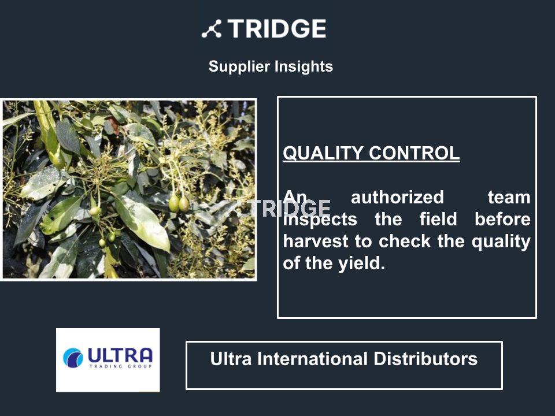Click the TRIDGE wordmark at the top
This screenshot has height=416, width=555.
coord(277,29)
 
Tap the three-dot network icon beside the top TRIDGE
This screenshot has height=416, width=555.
coord(212,29)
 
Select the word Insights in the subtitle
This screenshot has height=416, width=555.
coord(304,67)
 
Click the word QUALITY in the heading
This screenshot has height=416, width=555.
coord(323,153)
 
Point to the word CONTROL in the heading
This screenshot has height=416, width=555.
coord(414,153)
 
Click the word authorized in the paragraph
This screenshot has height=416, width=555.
coord(397,198)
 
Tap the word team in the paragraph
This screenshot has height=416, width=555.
coord(509,198)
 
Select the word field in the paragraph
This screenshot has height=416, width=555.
coord(438,220)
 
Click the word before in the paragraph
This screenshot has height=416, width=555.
coord(502,220)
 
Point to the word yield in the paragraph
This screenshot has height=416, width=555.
coord(361,264)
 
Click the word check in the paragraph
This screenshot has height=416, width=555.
coord(405,242)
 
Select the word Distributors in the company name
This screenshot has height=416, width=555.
coord(425,359)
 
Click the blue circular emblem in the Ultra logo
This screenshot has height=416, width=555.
coord(73,358)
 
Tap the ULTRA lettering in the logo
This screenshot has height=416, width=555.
coord(120,355)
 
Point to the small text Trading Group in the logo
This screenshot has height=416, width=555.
coord(121,366)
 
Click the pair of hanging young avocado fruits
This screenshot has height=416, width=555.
coord(179,204)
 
